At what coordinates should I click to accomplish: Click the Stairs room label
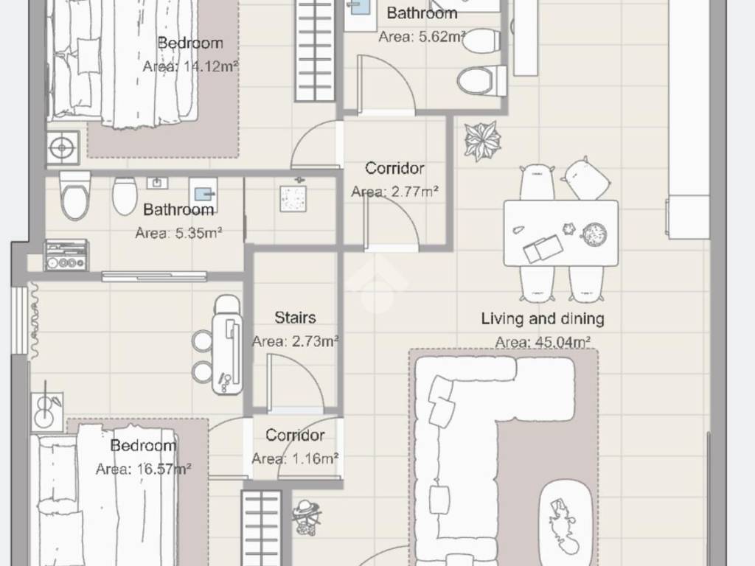[x=295, y=318]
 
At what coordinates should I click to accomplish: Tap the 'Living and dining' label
[x=543, y=318]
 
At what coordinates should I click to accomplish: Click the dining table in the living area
[x=561, y=234]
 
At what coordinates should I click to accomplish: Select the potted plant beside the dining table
[x=482, y=141]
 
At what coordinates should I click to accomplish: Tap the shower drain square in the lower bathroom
[x=293, y=198]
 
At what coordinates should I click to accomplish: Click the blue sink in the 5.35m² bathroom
[x=203, y=194]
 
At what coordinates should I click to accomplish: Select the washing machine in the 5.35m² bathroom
[x=66, y=256]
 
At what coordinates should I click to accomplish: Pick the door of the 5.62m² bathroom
[x=386, y=85]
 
